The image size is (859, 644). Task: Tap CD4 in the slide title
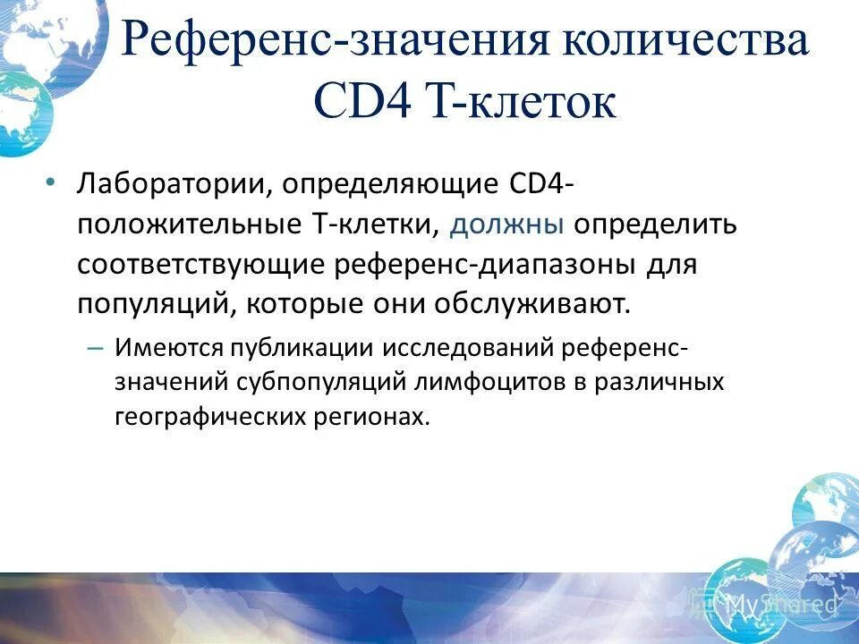point(361,101)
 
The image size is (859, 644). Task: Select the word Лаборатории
point(174,184)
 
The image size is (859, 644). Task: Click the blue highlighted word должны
point(506,224)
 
